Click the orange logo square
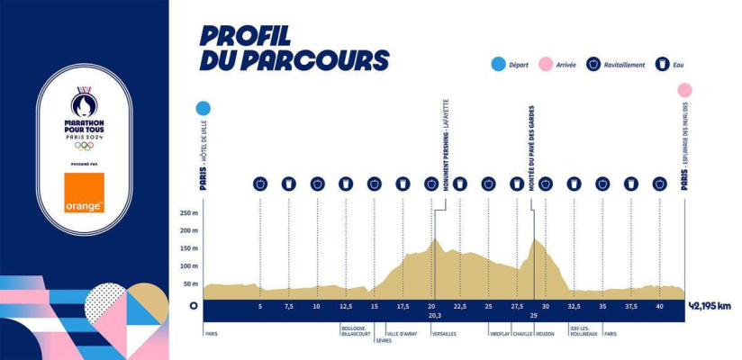(x=84, y=193)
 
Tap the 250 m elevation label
(x=188, y=213)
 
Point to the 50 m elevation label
(x=190, y=283)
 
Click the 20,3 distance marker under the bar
(x=435, y=316)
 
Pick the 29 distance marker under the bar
(x=533, y=316)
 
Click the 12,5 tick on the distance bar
(x=346, y=306)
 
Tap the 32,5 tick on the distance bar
(x=574, y=306)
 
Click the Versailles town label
(x=444, y=333)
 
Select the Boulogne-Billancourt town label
(x=353, y=331)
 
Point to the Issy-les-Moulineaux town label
(x=582, y=331)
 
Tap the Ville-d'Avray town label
(x=402, y=333)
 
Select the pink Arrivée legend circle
(x=545, y=65)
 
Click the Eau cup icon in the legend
(x=662, y=65)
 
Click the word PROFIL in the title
(x=245, y=37)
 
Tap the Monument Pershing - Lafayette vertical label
(x=446, y=135)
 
